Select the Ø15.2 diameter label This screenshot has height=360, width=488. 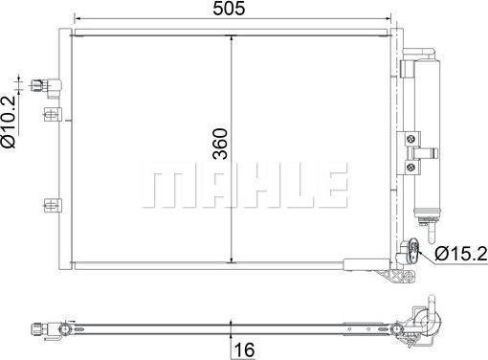pyautogui.click(x=460, y=254)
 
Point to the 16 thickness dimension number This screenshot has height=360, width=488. pyautogui.click(x=245, y=350)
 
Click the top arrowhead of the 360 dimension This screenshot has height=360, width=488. pyautogui.click(x=233, y=35)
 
